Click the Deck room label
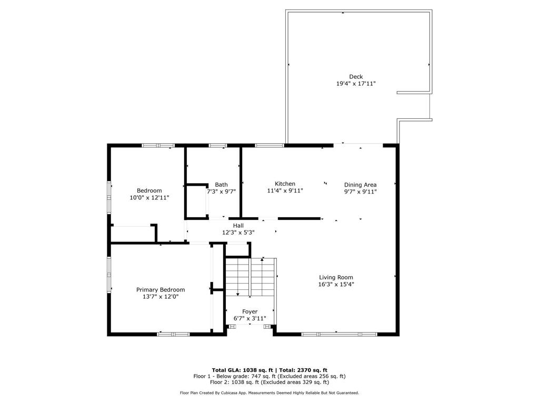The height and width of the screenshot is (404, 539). click(x=356, y=77)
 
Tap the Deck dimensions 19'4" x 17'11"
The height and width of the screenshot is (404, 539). click(x=356, y=84)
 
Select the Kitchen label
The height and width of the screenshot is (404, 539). click(x=285, y=184)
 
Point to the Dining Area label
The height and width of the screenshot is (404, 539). click(x=360, y=185)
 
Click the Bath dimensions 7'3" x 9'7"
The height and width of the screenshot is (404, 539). click(x=221, y=191)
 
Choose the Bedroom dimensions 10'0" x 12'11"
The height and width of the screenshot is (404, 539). click(x=149, y=198)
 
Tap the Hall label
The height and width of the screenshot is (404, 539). click(x=238, y=226)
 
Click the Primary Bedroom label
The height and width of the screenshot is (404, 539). click(x=161, y=290)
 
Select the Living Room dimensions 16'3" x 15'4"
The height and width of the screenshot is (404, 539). click(x=336, y=284)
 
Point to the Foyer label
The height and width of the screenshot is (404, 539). click(x=250, y=311)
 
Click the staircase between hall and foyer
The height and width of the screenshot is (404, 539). click(x=250, y=277)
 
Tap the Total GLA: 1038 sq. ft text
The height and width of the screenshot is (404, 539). click(x=242, y=370)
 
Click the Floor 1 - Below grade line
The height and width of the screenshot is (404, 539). click(x=269, y=376)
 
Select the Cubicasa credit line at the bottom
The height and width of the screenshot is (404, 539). click(x=269, y=392)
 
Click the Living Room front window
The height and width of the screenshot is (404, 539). click(x=340, y=334)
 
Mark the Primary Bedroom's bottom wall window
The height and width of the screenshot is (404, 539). click(x=173, y=334)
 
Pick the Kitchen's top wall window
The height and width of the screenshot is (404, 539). click(x=269, y=145)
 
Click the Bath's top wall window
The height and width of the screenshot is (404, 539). click(x=218, y=145)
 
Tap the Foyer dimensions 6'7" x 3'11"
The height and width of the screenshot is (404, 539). click(x=250, y=318)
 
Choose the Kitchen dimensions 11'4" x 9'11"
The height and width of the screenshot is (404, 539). click(x=285, y=190)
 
